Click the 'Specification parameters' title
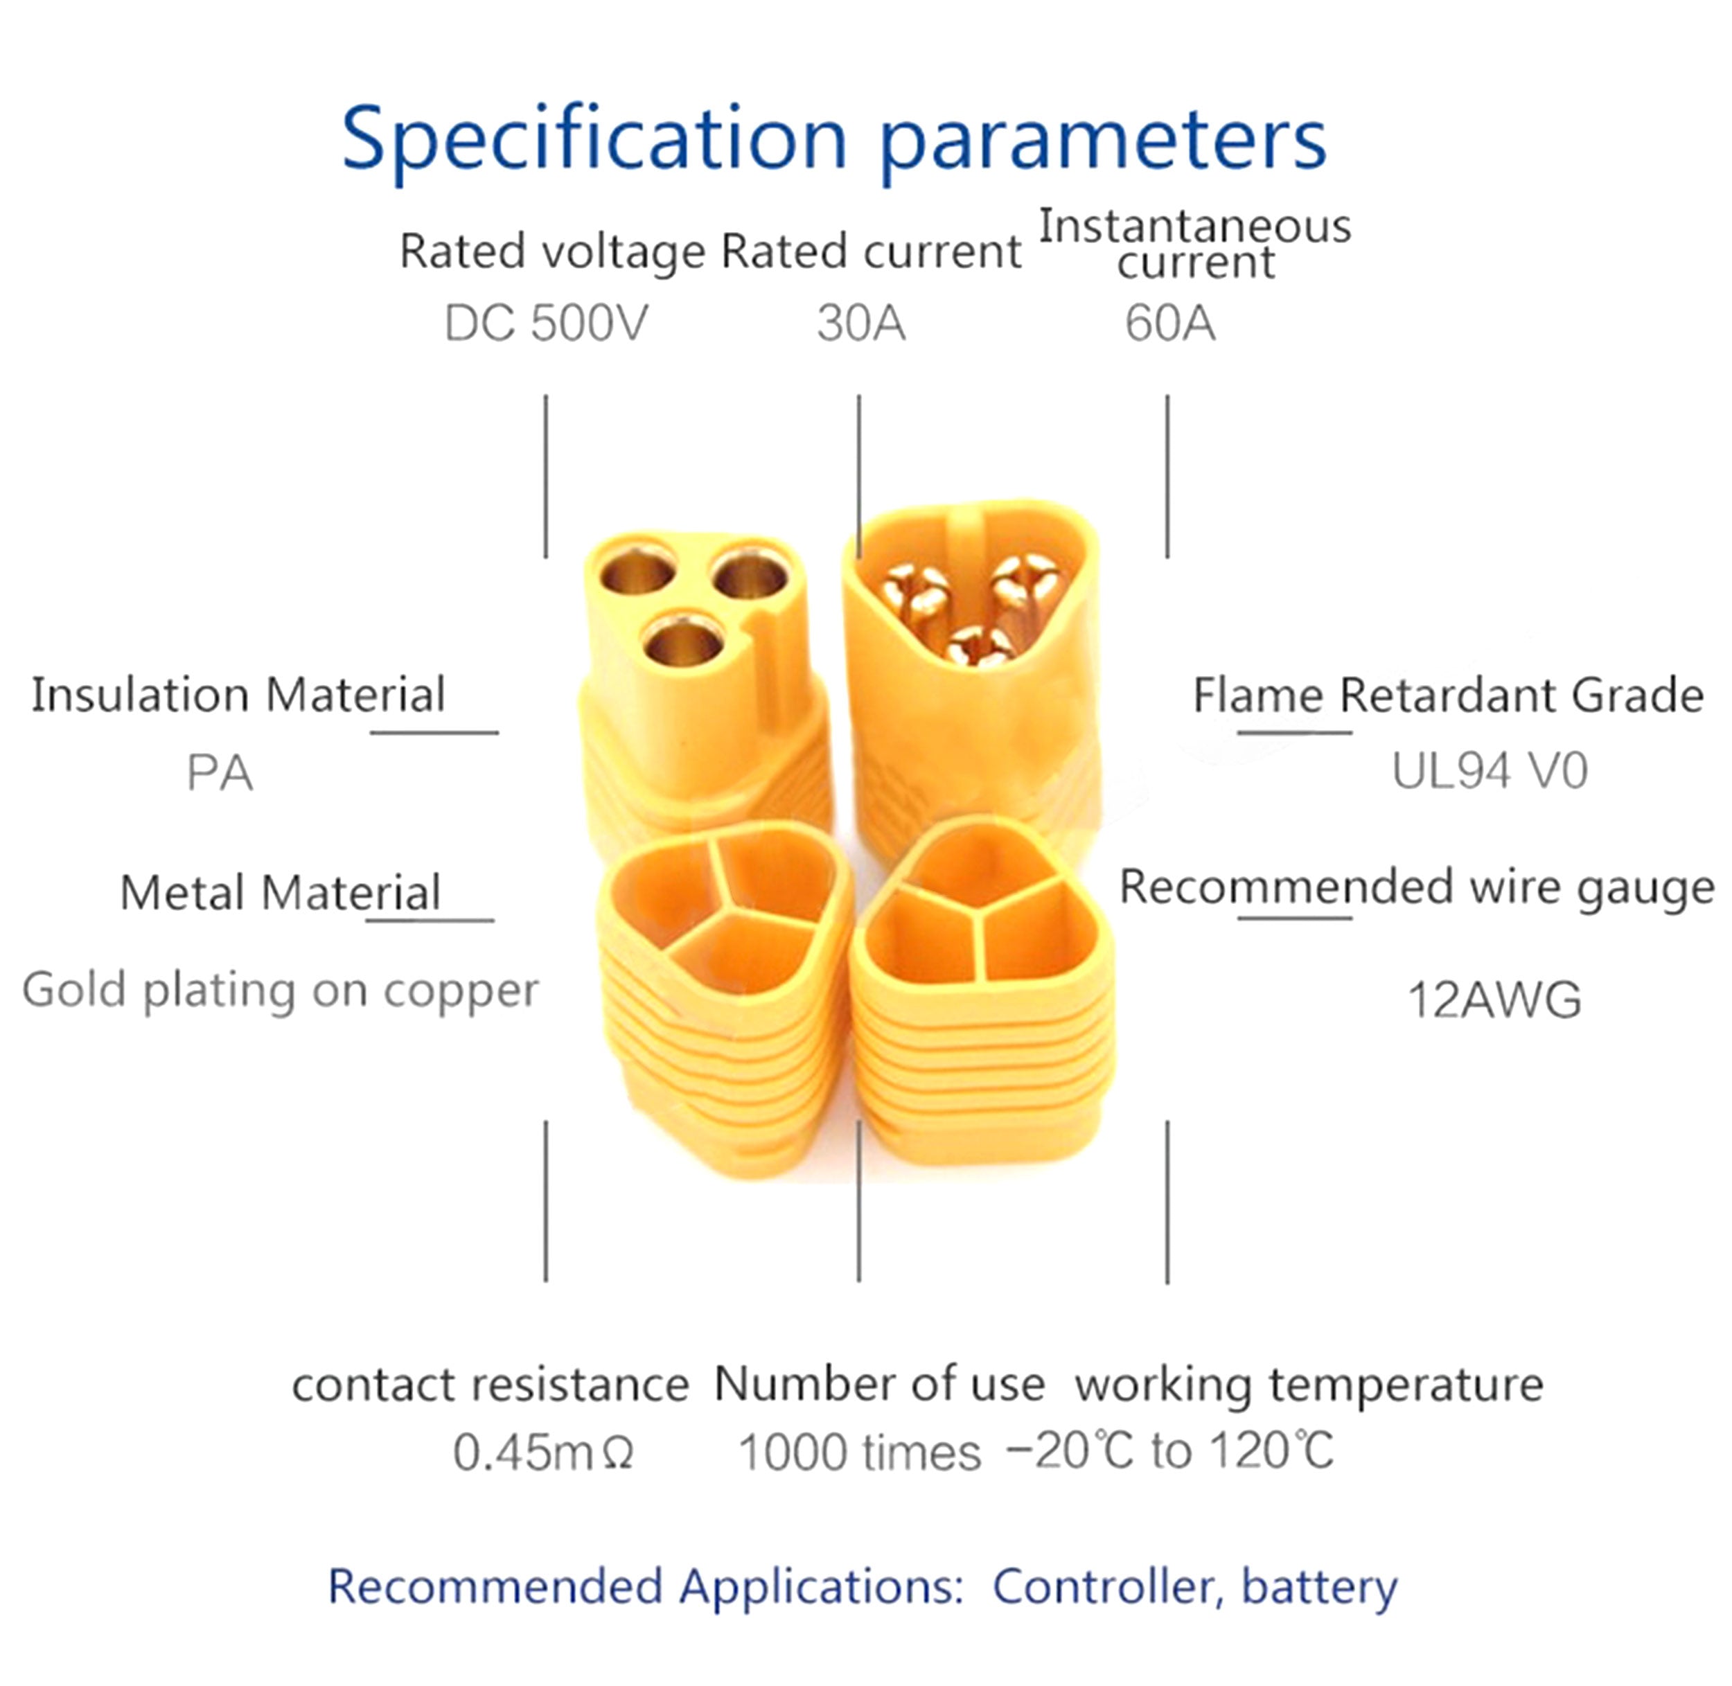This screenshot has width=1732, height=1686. click(x=833, y=140)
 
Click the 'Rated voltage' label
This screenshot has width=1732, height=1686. click(x=551, y=252)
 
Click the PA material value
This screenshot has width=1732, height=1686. click(x=220, y=773)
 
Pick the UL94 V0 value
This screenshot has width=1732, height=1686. click(x=1490, y=770)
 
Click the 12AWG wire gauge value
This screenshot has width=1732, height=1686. click(x=1494, y=1001)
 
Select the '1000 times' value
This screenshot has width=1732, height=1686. click(x=860, y=1453)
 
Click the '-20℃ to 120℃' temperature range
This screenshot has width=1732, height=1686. click(x=1171, y=1451)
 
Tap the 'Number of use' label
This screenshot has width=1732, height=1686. click(x=879, y=1383)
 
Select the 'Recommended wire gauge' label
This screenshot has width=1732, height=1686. click(x=1417, y=888)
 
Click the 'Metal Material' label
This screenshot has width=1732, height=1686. click(x=280, y=893)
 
